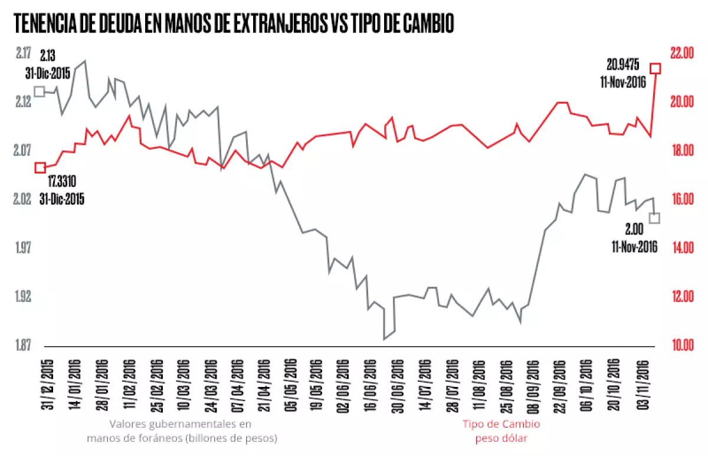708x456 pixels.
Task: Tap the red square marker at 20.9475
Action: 655,68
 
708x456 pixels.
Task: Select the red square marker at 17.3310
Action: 40,168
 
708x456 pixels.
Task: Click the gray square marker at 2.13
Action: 40,91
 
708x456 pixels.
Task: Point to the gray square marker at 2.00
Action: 654,218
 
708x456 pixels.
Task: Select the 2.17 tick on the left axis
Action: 24,53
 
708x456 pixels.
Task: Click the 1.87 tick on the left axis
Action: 24,345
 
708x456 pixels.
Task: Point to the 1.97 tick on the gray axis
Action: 24,248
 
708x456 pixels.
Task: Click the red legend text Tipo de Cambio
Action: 501,424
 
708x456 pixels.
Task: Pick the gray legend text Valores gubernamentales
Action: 182,424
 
